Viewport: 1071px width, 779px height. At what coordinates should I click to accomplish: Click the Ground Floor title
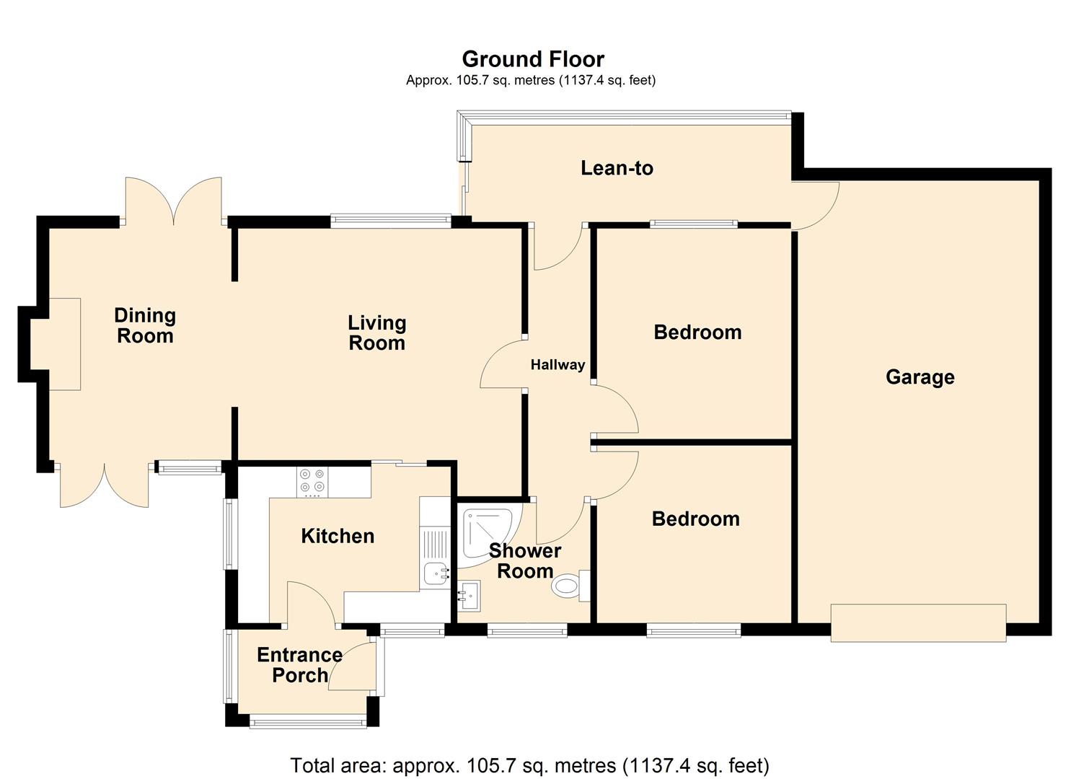tap(533, 59)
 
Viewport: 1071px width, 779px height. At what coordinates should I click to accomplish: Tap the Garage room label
tap(920, 377)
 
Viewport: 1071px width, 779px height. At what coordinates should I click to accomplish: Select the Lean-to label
tap(617, 168)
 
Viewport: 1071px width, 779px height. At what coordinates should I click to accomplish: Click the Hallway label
tap(557, 365)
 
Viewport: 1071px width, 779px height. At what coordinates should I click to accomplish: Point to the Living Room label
tap(376, 333)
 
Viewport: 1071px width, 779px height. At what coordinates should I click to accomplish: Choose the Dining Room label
tap(145, 325)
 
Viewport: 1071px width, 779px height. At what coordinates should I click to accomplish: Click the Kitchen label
tap(338, 536)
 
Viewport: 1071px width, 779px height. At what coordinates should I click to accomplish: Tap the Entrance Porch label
tap(299, 665)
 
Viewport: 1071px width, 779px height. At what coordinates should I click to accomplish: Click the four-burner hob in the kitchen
tap(312, 482)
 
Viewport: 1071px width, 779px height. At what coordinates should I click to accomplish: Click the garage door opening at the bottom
tap(917, 622)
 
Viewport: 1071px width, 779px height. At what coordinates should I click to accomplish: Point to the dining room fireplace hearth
tap(63, 344)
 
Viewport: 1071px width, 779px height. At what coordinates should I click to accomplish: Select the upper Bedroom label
tap(697, 333)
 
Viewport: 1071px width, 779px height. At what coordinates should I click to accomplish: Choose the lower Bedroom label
tap(695, 519)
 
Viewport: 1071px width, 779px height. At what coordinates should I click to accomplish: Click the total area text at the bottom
tap(529, 765)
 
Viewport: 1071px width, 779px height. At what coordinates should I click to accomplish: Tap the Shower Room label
tap(524, 561)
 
